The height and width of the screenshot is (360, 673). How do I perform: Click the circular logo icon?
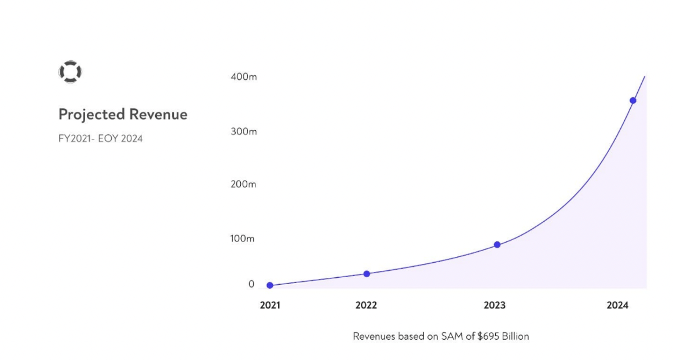tap(70, 72)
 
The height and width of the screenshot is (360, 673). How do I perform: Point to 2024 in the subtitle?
tap(131, 139)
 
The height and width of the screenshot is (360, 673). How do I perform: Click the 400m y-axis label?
tap(243, 76)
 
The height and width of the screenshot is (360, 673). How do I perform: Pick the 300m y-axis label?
tap(243, 131)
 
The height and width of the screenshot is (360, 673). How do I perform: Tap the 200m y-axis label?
tap(243, 185)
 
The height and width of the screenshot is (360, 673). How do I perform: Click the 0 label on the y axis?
tap(251, 284)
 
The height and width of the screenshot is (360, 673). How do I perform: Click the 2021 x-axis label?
tap(270, 306)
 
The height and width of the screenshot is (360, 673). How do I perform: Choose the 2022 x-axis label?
tap(366, 306)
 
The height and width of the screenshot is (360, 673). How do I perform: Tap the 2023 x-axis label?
tap(494, 306)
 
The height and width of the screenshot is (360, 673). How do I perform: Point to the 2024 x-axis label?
tap(617, 306)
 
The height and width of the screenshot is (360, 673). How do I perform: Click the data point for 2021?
tap(270, 285)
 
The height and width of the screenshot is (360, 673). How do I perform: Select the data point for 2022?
tap(367, 274)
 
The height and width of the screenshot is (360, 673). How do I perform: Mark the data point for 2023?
tap(497, 245)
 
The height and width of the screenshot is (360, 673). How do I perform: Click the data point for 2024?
tap(633, 101)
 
